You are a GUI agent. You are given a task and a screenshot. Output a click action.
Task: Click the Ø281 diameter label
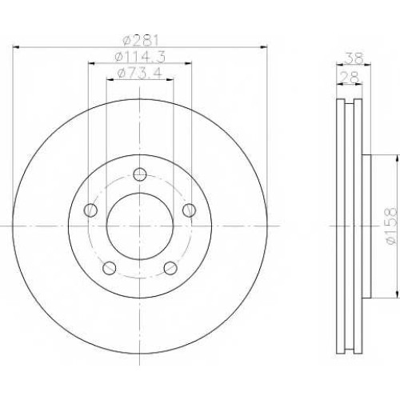(x=141, y=41)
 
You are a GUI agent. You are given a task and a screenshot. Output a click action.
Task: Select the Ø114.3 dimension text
(x=140, y=57)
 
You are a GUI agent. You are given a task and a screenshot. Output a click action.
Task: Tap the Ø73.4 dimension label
(x=140, y=73)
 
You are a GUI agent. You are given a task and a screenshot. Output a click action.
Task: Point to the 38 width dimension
(x=354, y=58)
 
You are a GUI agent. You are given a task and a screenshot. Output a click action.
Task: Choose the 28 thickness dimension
(x=350, y=78)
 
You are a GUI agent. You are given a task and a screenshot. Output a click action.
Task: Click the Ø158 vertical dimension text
(x=392, y=226)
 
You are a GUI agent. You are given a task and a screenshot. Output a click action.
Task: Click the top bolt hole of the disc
(x=140, y=174)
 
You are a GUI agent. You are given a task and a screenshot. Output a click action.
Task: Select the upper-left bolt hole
(x=90, y=210)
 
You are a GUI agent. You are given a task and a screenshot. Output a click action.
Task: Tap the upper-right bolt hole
(x=189, y=210)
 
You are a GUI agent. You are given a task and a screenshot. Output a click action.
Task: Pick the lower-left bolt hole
(x=110, y=268)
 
